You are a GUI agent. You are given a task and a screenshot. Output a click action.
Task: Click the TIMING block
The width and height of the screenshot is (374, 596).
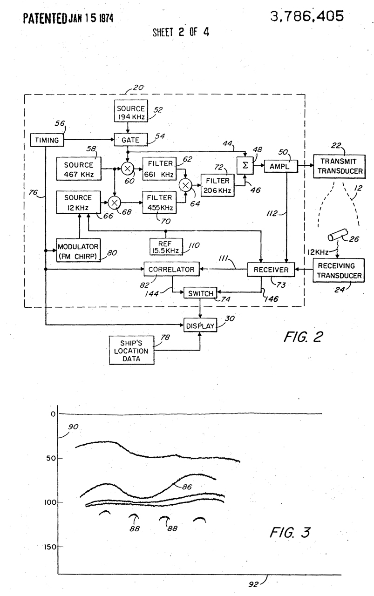coord(47,139)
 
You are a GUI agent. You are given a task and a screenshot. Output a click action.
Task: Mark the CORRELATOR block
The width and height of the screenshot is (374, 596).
coord(171,269)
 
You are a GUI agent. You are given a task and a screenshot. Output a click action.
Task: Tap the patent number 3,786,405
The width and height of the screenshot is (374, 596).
coord(306,16)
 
